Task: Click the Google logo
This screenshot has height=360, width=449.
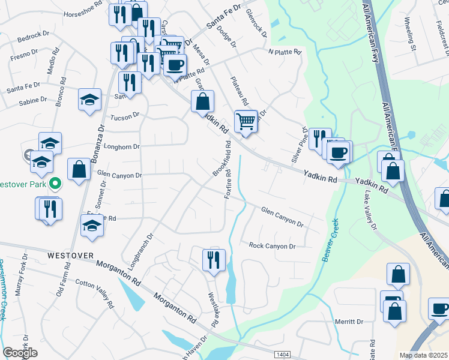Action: pos(20,353)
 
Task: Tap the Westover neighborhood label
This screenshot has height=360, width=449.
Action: pos(71,256)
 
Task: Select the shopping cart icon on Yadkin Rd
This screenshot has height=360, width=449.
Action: pos(246,122)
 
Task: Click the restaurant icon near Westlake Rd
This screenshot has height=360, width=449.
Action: pos(214,260)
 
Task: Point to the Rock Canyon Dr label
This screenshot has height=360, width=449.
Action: pos(273,246)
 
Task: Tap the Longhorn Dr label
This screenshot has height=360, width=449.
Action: pos(122,146)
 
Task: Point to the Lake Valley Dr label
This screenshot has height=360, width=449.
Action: pos(370,211)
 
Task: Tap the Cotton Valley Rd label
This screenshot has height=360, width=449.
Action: pos(94,293)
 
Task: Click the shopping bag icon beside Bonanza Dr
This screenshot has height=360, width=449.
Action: pos(79,169)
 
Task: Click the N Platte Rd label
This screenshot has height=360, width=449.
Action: pos(284,52)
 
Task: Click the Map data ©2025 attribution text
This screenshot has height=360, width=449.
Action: pos(423,355)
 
